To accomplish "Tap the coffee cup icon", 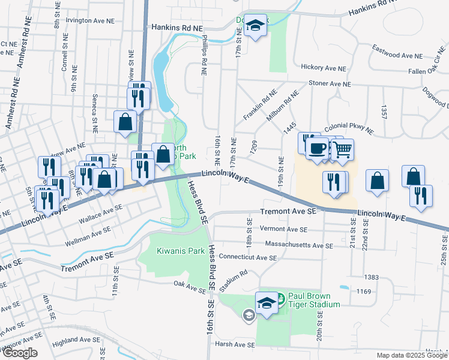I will click(x=317, y=147).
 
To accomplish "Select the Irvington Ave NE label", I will click(x=90, y=20).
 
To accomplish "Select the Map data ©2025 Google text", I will click(x=412, y=355).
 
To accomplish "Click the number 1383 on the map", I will click(x=371, y=277).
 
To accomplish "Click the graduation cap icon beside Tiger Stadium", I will click(x=267, y=303).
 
